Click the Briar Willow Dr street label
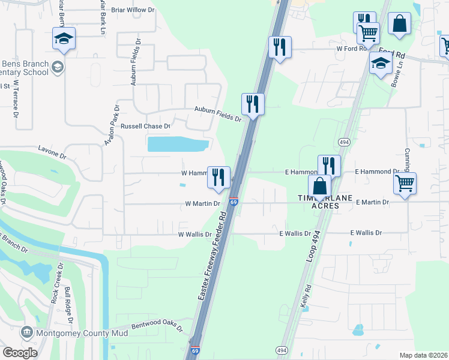click(x=133, y=10)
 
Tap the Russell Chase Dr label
click(x=146, y=127)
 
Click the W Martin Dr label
click(x=202, y=203)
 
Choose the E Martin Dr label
click(x=372, y=203)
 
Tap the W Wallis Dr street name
click(x=195, y=235)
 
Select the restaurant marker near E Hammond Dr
click(x=329, y=165)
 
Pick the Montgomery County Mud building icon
click(x=26, y=332)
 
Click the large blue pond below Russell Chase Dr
click(x=178, y=144)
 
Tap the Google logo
click(x=20, y=353)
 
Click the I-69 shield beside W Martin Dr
click(x=234, y=203)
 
